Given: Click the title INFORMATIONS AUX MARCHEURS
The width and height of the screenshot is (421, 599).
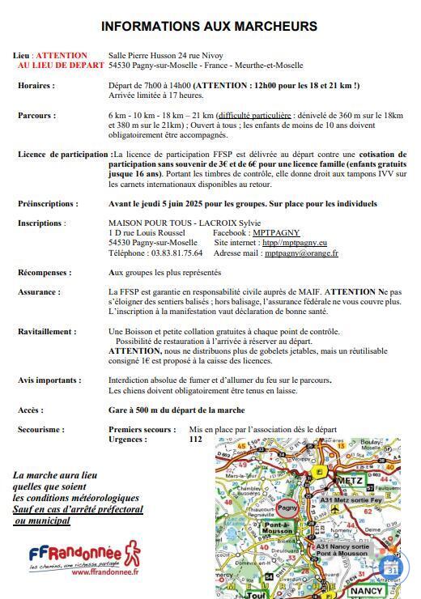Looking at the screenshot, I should [x=209, y=27].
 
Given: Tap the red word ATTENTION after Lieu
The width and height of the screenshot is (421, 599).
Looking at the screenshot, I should [x=62, y=56].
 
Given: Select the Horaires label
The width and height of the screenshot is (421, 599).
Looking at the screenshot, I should [x=36, y=85].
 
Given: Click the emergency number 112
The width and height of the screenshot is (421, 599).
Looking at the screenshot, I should [x=195, y=440].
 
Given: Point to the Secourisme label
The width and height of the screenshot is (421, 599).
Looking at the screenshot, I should [x=41, y=430].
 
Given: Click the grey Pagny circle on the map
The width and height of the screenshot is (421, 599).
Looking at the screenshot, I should [x=287, y=508].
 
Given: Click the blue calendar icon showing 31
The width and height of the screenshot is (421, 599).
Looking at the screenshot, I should [x=392, y=568].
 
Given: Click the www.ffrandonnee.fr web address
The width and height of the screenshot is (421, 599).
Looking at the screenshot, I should [x=105, y=571].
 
